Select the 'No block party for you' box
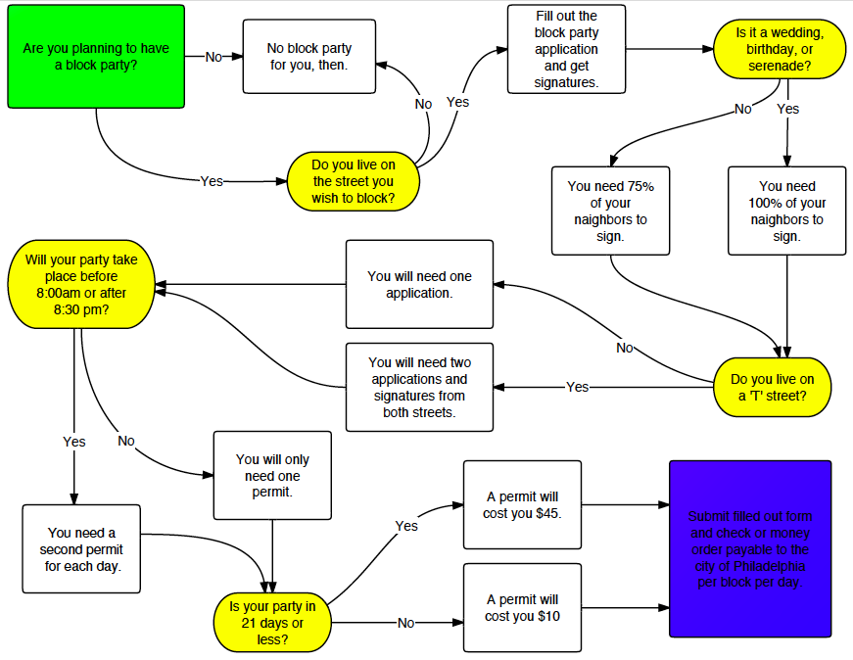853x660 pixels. tap(309, 56)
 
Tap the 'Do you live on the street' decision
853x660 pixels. tap(354, 181)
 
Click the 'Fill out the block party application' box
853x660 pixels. tap(566, 49)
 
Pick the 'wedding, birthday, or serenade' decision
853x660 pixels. tap(780, 49)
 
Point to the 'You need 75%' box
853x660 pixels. tap(610, 211)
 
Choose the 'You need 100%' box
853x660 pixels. tap(786, 211)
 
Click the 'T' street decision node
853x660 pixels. tap(773, 387)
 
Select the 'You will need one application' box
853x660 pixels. tap(419, 284)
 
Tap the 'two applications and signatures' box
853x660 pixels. tap(419, 387)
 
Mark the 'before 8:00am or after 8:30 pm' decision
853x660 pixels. tap(81, 284)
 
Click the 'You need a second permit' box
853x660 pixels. tap(82, 548)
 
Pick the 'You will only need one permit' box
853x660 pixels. tap(272, 475)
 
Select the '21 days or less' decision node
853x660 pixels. tap(272, 622)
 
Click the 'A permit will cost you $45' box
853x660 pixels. tap(522, 504)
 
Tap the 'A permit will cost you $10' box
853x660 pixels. tap(522, 607)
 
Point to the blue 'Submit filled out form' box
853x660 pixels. tap(749, 548)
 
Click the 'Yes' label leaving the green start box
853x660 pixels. tap(212, 181)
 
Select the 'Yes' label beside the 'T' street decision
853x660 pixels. tap(578, 387)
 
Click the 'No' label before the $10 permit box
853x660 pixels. tap(406, 622)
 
